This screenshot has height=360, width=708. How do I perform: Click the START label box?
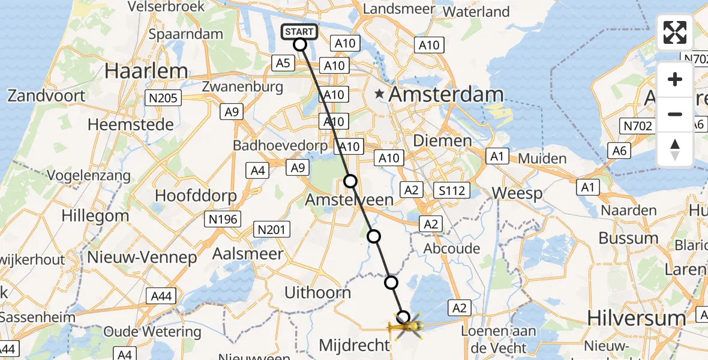pyautogui.click(x=299, y=31)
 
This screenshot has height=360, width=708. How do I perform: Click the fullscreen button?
pyautogui.click(x=675, y=32)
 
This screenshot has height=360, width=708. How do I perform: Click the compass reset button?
pyautogui.click(x=675, y=149)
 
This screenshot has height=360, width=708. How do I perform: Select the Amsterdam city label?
pyautogui.click(x=446, y=94)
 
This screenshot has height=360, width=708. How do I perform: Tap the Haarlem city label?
pyautogui.click(x=146, y=71)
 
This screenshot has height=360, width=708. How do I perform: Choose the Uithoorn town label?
pyautogui.click(x=317, y=293)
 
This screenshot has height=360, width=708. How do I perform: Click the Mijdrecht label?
pyautogui.click(x=355, y=345)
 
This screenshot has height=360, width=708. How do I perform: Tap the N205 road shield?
pyautogui.click(x=163, y=97)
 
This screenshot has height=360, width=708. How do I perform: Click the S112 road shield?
pyautogui.click(x=451, y=190)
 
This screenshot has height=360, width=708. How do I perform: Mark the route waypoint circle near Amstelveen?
pyautogui.click(x=350, y=181)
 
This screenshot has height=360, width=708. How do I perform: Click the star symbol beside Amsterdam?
pyautogui.click(x=379, y=94)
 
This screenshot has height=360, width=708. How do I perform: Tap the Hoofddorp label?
pyautogui.click(x=196, y=196)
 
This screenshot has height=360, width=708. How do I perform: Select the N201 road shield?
pyautogui.click(x=273, y=229)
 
